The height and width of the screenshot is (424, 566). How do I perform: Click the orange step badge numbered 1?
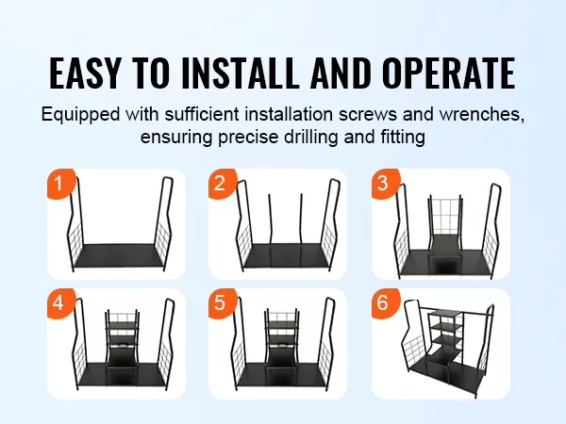coord(60,183)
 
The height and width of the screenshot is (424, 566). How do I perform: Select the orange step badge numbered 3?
coord(385,183)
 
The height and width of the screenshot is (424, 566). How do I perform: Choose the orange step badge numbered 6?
coord(385,302)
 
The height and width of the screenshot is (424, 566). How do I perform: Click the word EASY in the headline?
coord(85,73)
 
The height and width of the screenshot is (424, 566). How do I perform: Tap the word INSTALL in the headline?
coord(241,73)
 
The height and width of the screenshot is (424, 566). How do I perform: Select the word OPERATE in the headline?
coord(449,73)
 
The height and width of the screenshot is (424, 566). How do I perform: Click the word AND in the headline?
coord(341,73)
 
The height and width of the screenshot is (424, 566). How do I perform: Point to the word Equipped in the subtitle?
coord(80,115)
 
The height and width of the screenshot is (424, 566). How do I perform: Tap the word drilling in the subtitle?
coord(311,138)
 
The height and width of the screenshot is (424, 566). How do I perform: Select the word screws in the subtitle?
coord(368,115)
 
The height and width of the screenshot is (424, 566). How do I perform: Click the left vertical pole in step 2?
coord(270,231)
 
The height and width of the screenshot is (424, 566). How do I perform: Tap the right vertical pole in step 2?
coord(302,231)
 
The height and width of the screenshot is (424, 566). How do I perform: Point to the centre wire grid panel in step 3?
coord(444,216)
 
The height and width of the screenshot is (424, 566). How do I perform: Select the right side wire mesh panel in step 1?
coord(162,239)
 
